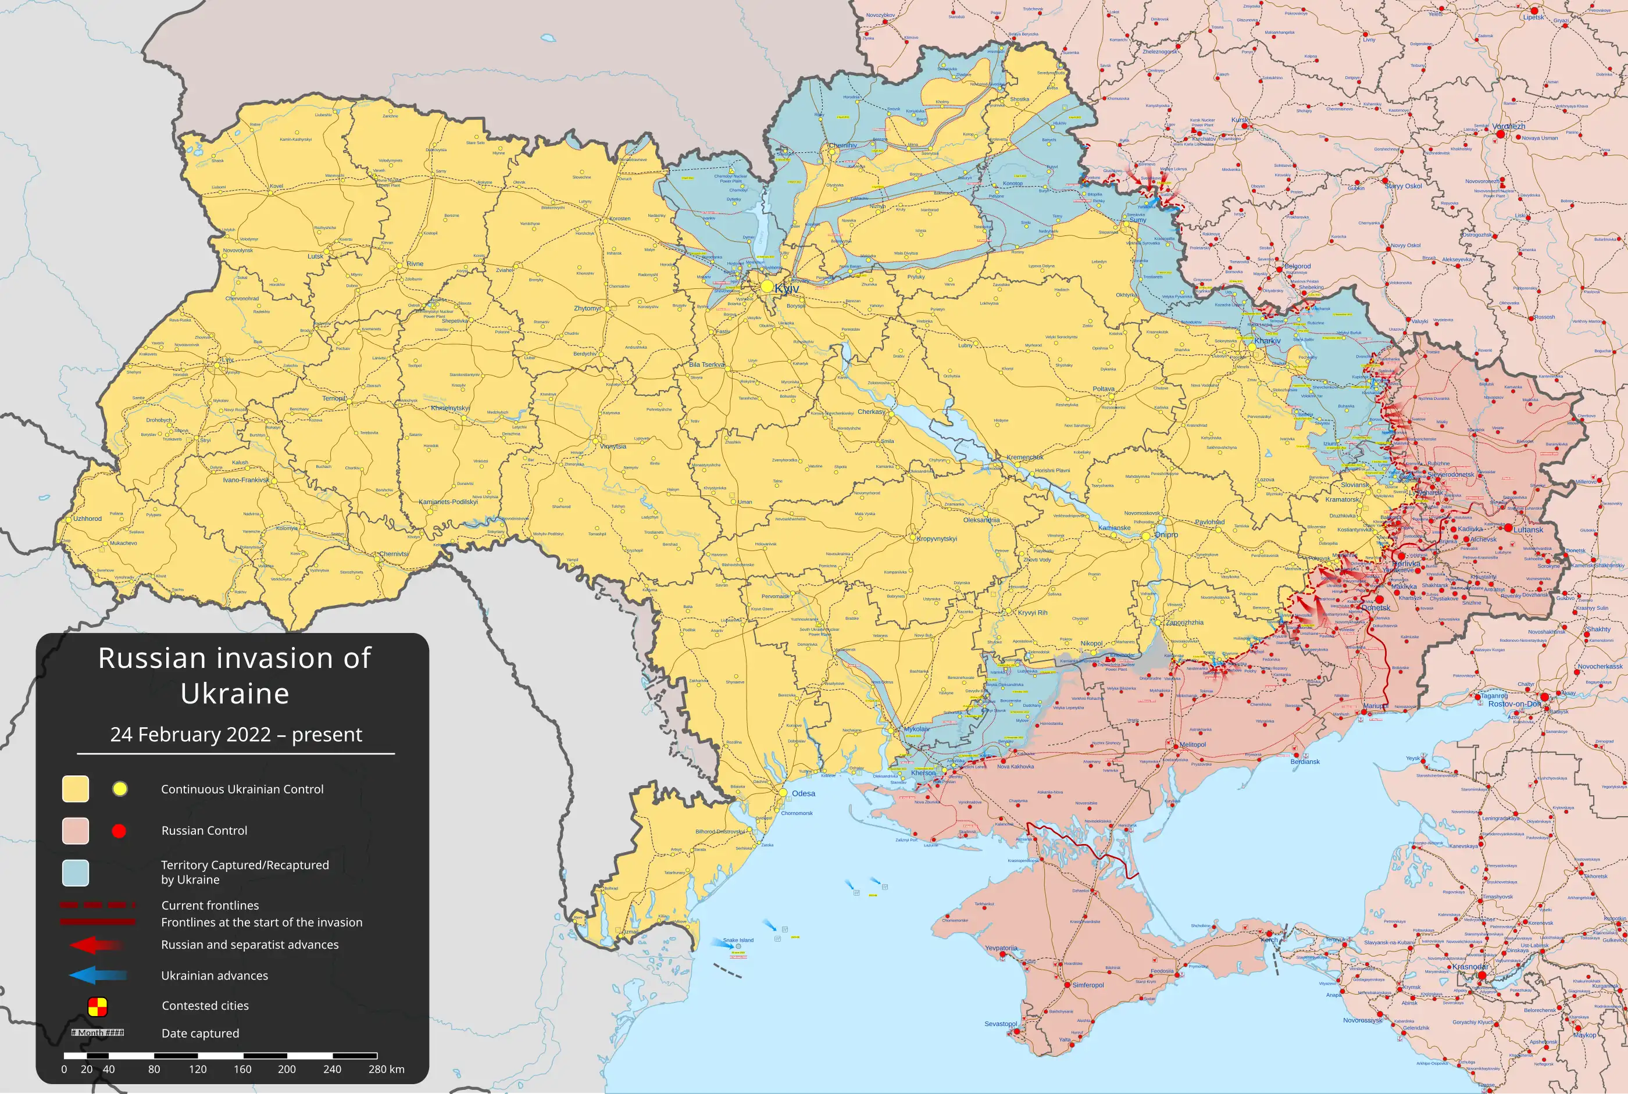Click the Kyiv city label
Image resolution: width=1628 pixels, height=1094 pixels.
click(787, 289)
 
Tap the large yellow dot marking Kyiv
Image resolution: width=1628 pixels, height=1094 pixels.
click(767, 287)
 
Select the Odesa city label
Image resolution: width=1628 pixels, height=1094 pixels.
click(803, 793)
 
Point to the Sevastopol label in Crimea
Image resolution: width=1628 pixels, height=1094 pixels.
click(1001, 1024)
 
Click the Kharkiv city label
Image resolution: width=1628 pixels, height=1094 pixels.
click(1268, 341)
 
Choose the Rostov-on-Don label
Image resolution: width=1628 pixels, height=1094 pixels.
click(1514, 704)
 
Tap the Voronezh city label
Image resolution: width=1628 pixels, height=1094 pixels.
click(1509, 126)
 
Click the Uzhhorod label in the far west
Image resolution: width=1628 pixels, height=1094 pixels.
click(87, 519)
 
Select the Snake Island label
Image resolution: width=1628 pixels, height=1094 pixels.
click(738, 940)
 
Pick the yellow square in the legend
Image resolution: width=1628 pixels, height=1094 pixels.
click(76, 788)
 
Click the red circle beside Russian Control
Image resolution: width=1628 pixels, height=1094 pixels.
click(119, 830)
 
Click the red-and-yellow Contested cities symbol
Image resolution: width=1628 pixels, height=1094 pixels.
click(97, 1006)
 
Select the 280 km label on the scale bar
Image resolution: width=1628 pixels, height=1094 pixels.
click(387, 1069)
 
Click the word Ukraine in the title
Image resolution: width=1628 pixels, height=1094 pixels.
click(234, 693)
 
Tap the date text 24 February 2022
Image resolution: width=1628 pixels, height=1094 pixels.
click(191, 735)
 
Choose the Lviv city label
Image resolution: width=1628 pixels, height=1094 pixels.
click(227, 360)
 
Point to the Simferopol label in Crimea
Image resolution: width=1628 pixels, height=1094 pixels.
click(1088, 985)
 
